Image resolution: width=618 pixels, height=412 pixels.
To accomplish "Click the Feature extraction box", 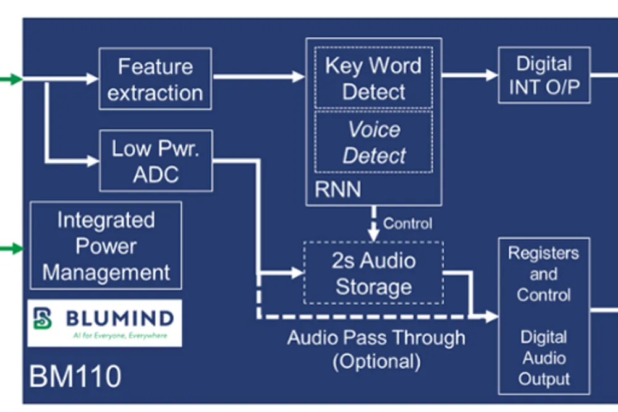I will tap(155, 79).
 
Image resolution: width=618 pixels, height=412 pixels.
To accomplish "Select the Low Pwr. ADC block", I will tap(155, 160).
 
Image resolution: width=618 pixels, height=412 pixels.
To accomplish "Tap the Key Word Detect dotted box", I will tap(373, 78).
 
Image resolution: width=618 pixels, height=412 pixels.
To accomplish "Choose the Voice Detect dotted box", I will tap(373, 142).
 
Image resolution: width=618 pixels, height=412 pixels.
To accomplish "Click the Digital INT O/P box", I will tap(544, 75).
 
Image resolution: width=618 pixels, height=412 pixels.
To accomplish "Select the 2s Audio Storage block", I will tap(373, 273).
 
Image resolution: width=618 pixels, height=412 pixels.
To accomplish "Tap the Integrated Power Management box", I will tap(106, 246).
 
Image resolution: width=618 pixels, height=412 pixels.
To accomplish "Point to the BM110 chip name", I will tap(75, 376).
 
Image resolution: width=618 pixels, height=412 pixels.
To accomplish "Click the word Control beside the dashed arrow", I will tap(407, 223).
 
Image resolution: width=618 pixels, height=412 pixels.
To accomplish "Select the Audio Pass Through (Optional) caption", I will tap(376, 349).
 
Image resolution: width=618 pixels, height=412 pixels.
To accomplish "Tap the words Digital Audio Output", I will tap(544, 358).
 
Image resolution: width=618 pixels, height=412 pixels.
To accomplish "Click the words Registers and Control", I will tap(544, 273).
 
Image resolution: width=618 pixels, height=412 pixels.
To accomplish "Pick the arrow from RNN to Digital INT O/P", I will tap(470, 75).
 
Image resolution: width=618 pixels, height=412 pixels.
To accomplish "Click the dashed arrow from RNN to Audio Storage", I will tap(373, 223).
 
